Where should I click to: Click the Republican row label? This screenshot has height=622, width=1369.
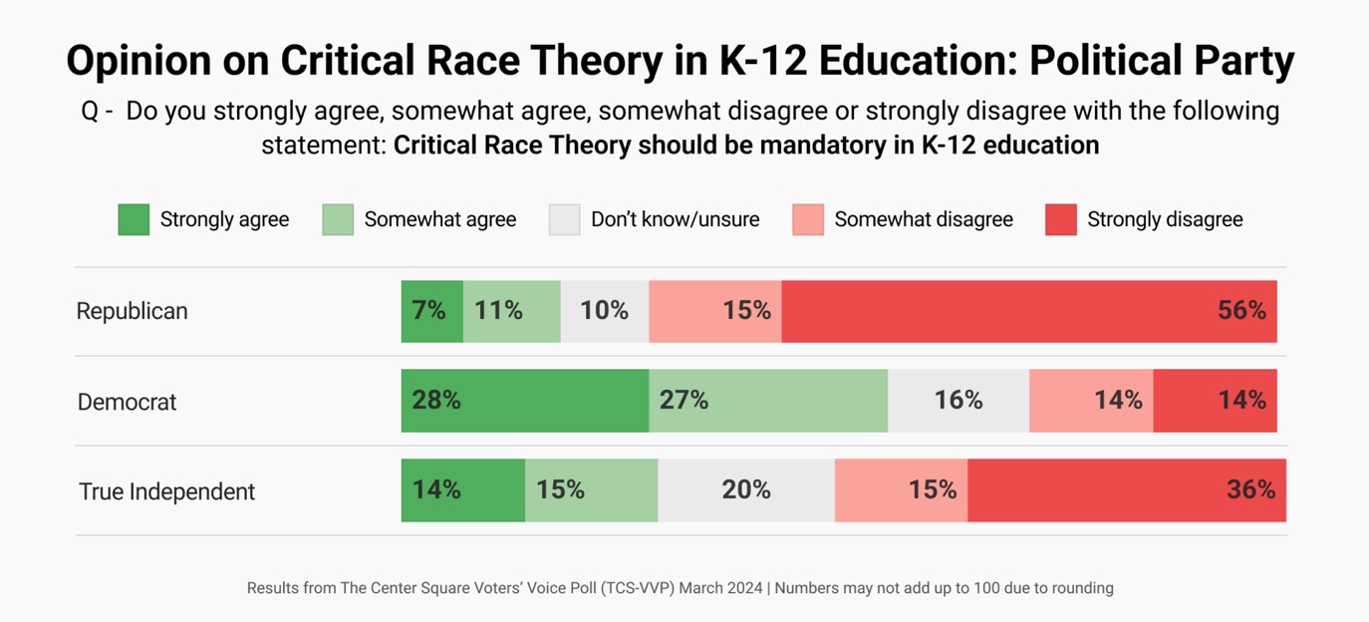132,311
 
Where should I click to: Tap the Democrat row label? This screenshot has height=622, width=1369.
127,402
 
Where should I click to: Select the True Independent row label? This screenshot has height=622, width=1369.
166,491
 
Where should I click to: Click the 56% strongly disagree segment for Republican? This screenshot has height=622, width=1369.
1028,311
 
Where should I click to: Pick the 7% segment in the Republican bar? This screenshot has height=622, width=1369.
431,311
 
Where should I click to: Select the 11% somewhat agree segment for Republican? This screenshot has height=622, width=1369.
511,311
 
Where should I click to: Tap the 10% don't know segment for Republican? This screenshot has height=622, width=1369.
604,311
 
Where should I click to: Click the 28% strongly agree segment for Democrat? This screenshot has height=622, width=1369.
524,401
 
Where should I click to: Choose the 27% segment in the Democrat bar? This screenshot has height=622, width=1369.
767,401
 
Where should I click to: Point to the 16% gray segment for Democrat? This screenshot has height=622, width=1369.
958,401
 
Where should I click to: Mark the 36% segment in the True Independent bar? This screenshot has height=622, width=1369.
1126,490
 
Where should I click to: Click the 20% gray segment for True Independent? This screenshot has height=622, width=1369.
745,490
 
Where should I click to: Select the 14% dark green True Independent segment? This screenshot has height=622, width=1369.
462,490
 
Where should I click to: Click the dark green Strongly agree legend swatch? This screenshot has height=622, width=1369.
134,219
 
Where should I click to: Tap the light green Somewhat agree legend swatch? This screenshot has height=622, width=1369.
338,219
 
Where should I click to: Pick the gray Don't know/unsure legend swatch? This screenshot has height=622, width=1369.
564,219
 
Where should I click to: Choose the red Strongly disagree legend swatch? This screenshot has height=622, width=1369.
1060,219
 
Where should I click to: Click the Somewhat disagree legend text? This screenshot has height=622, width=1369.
923,219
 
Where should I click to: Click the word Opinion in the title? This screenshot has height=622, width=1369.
138,62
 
